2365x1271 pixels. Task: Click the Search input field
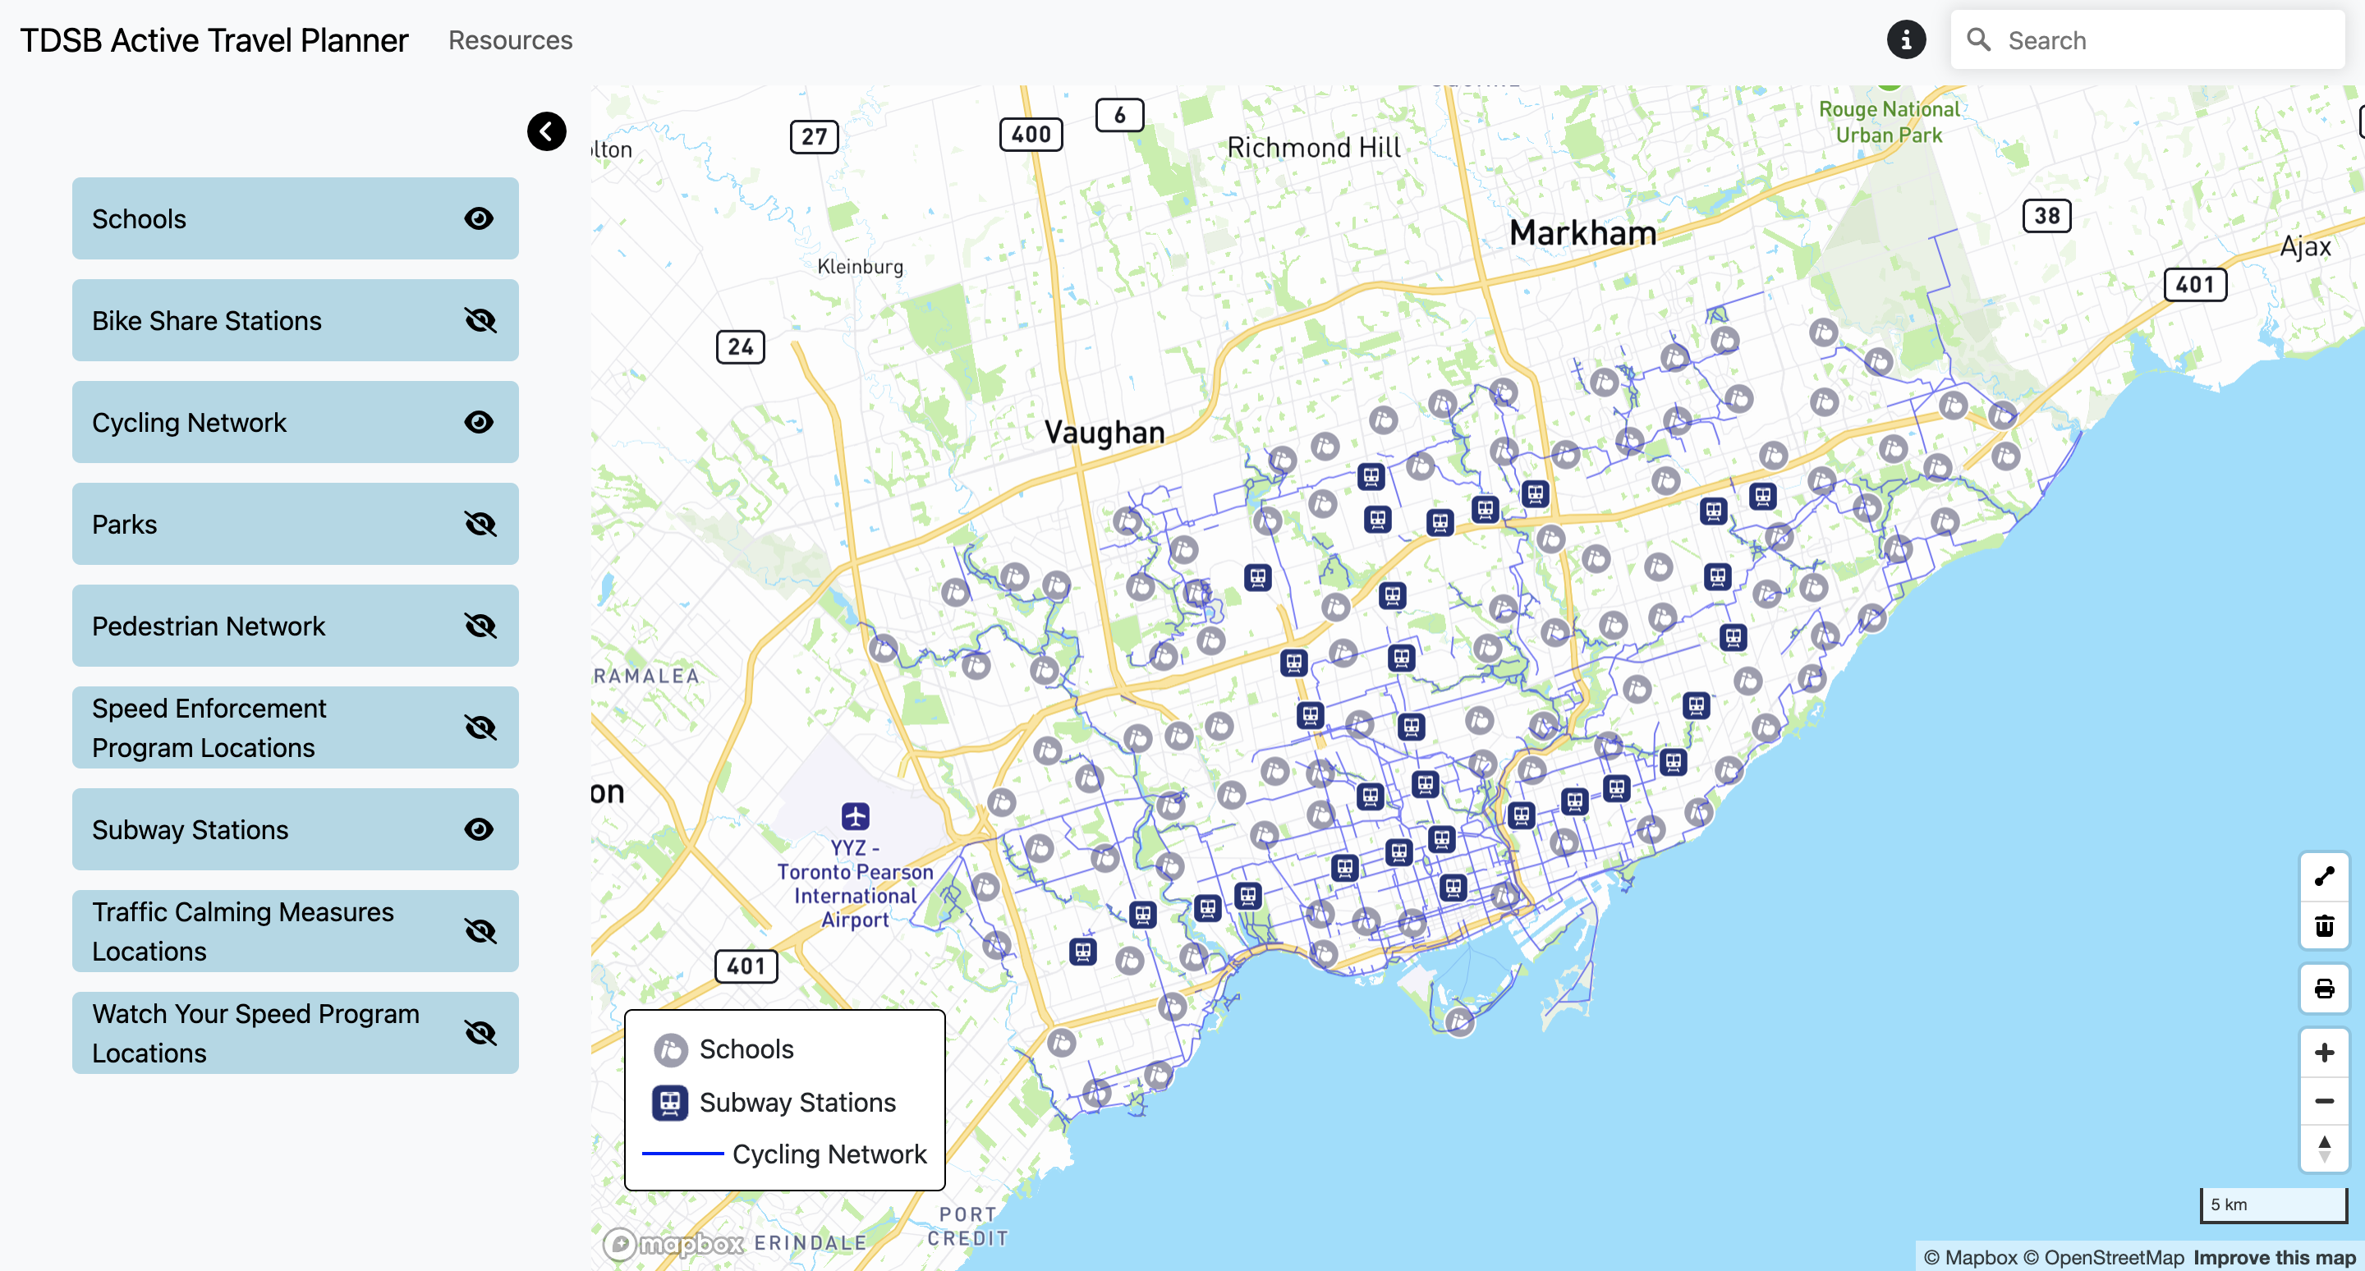click(x=2167, y=40)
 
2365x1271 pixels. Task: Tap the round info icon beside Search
click(x=1905, y=39)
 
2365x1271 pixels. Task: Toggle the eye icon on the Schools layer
click(x=478, y=218)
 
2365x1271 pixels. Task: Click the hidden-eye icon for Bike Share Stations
click(x=480, y=320)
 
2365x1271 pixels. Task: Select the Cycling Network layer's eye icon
click(x=478, y=422)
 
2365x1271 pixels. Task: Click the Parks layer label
click(x=125, y=524)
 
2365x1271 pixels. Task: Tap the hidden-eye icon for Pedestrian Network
click(x=480, y=626)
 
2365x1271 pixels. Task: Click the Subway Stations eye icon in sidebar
click(x=478, y=829)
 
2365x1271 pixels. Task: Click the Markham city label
click(x=1582, y=233)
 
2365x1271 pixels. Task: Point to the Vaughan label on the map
click(x=1104, y=432)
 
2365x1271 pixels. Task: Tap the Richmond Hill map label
click(x=1314, y=148)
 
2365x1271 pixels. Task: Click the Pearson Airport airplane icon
click(x=855, y=815)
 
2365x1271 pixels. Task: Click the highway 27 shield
click(x=814, y=137)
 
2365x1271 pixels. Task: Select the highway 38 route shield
click(x=2046, y=216)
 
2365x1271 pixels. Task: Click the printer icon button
click(x=2324, y=989)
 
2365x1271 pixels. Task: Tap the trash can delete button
click(x=2324, y=926)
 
